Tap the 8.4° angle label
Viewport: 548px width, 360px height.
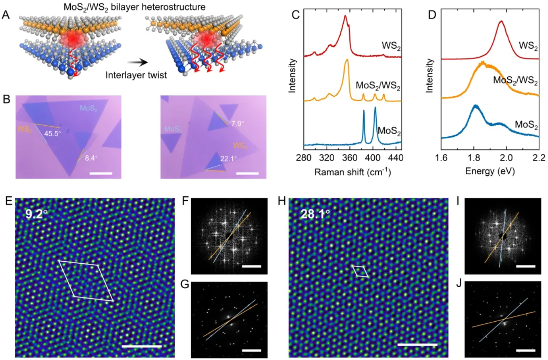[x=91, y=159]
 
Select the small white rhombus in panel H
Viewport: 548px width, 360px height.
[x=360, y=271]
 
